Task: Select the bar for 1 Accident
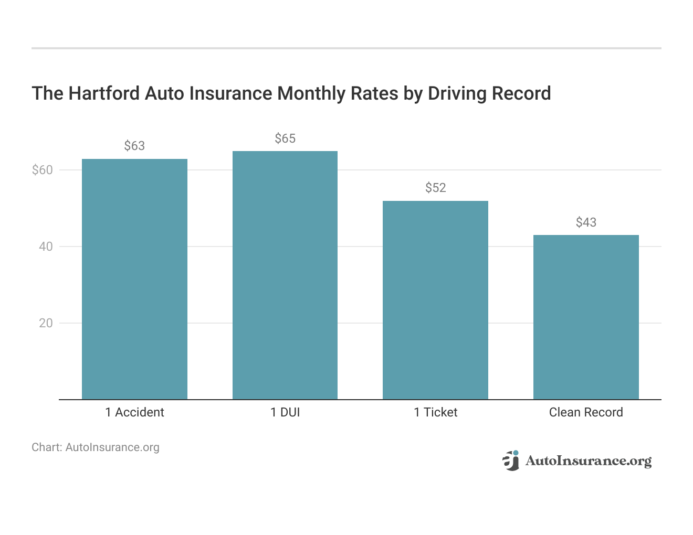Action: point(134,279)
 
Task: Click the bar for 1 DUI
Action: point(285,275)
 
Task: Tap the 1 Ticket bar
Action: point(435,300)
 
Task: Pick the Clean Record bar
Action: point(586,317)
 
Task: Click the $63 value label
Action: point(134,146)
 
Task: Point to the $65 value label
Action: point(285,138)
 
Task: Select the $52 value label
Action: point(435,188)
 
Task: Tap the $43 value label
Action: point(586,222)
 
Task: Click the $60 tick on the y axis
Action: point(43,170)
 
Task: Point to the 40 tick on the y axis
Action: point(46,247)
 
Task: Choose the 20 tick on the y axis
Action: point(46,323)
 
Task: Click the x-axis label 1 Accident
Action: point(134,412)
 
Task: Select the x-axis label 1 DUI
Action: point(285,412)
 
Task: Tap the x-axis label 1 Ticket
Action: point(435,412)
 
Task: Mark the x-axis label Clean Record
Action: point(586,412)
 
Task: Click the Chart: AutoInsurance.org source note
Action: point(96,447)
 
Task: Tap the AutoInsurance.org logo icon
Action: point(510,461)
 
